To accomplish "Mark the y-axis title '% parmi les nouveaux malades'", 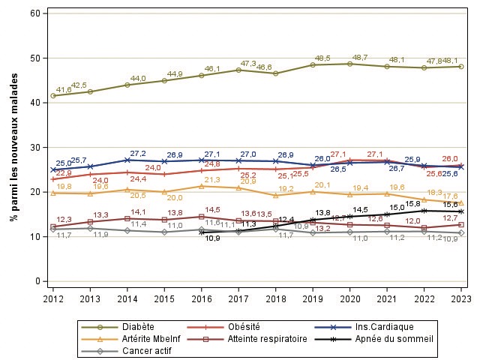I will [13, 148].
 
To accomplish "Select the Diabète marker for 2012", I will [52, 96].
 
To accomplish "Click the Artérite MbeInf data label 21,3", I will [212, 180].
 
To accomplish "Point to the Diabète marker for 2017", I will [238, 70].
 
